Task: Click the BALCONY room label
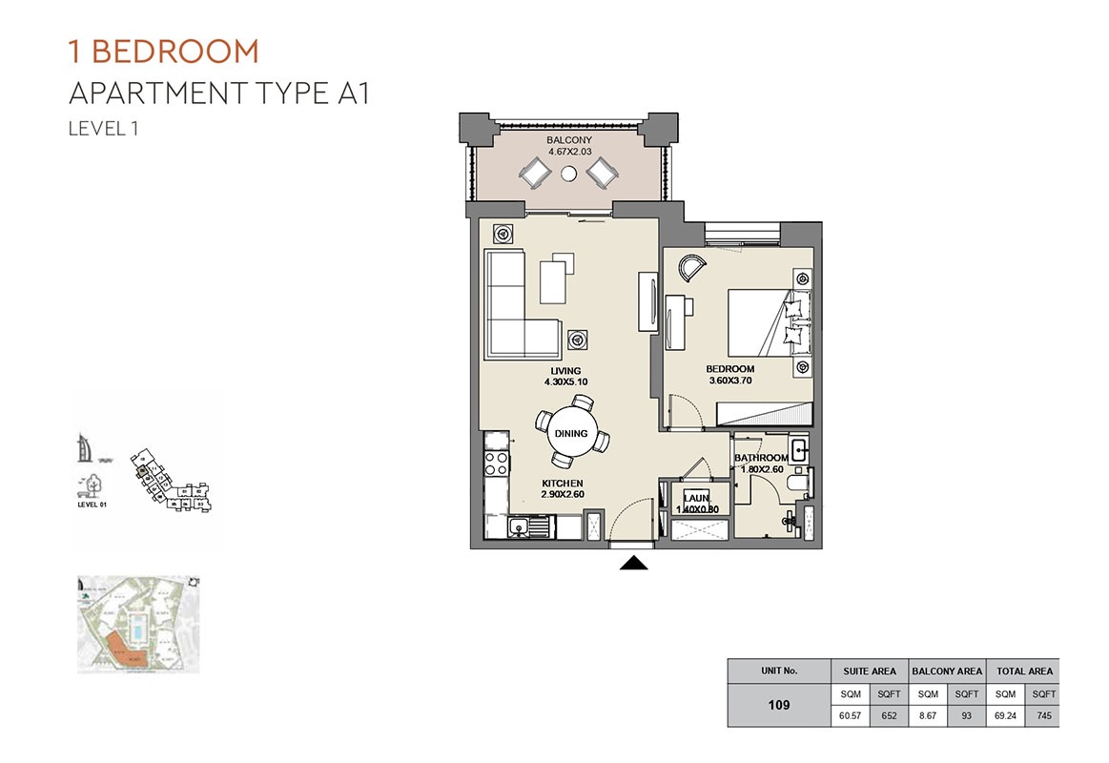click(569, 140)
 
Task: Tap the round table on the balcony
click(569, 174)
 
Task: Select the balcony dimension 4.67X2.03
click(569, 152)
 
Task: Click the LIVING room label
click(565, 371)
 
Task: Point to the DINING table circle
click(570, 433)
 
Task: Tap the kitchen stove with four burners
click(497, 463)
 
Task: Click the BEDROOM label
click(729, 369)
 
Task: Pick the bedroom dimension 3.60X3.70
click(729, 381)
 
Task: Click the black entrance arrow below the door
click(634, 564)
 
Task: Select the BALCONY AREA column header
click(947, 670)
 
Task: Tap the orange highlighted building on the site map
click(119, 650)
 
